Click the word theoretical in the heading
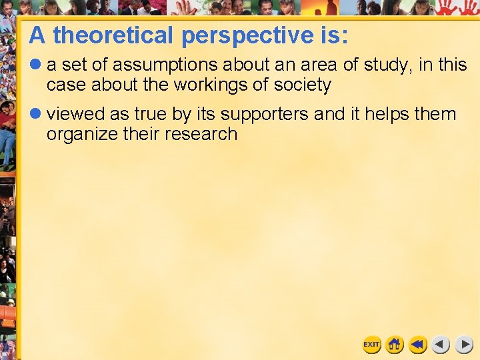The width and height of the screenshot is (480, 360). pos(114,35)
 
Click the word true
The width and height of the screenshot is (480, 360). pos(151,115)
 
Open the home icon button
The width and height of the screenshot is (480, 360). pos(395,345)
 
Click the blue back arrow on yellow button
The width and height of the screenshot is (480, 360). pos(418,345)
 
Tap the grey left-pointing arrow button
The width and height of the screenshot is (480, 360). pos(441,345)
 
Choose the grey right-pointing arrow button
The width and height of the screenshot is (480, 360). pos(464,345)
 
